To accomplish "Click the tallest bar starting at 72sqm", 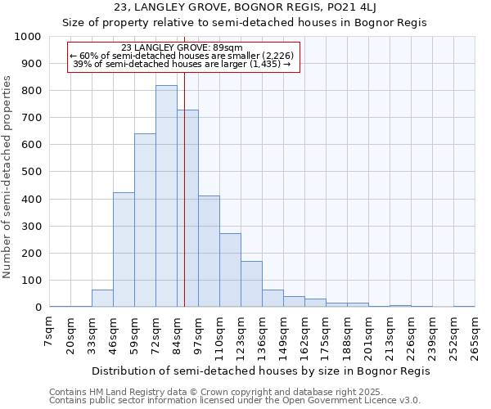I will [166, 196].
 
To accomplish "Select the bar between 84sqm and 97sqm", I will [187, 209].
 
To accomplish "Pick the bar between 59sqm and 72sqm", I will [145, 220].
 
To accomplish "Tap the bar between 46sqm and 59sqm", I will [124, 249].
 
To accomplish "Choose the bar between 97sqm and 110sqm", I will [209, 251].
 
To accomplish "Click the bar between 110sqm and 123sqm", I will [230, 270].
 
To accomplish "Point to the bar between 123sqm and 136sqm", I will [251, 284].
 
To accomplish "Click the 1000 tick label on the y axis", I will [28, 37].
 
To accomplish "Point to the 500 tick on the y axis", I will [31, 172].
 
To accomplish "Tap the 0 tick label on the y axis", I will [38, 308].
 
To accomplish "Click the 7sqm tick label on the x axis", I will [50, 330].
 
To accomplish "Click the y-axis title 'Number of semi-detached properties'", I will [9, 176].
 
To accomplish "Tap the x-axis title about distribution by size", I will [260, 371].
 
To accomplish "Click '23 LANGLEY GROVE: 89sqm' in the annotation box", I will [182, 48].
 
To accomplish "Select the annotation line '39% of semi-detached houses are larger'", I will [182, 63].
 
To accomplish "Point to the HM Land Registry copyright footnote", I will [234, 392].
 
